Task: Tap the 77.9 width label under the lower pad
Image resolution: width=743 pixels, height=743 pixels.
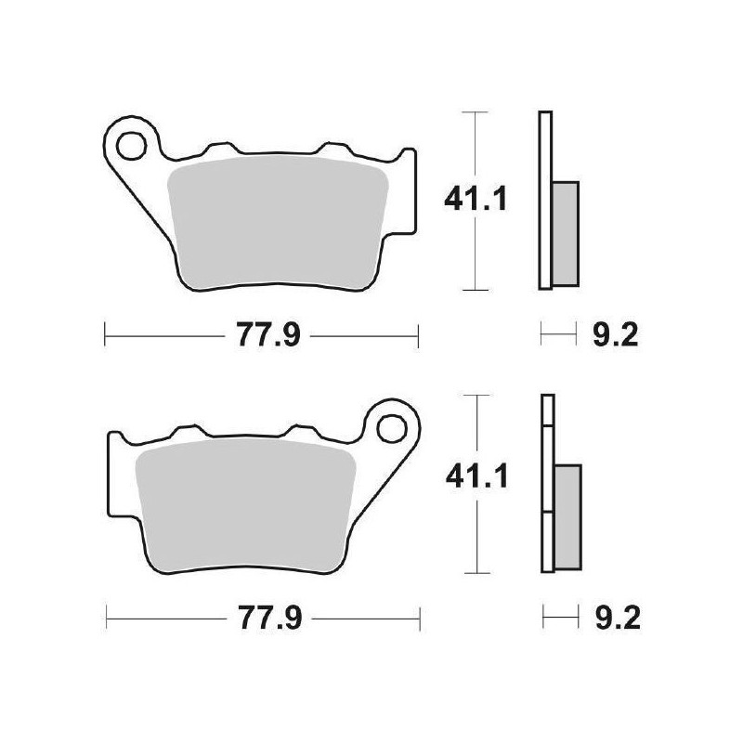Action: tap(266, 617)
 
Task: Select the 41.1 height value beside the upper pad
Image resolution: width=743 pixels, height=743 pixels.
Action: tap(476, 199)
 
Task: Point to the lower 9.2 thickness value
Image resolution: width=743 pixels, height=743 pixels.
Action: tap(613, 617)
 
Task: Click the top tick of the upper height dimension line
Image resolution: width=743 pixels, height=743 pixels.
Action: tap(476, 112)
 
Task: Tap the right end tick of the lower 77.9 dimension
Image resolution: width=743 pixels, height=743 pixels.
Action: tap(422, 617)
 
